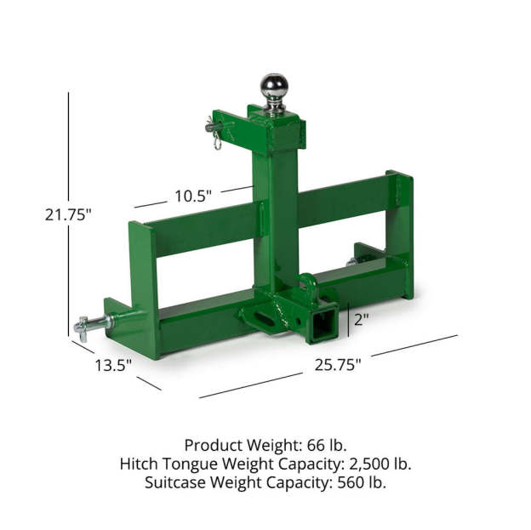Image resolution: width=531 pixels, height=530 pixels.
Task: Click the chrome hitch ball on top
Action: tap(274, 87)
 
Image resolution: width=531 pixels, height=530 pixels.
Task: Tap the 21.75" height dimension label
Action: tap(68, 214)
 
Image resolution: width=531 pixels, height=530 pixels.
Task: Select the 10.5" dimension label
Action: tap(193, 196)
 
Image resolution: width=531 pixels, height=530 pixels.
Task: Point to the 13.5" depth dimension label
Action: tap(113, 365)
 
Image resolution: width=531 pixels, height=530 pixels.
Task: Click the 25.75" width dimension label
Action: tap(338, 365)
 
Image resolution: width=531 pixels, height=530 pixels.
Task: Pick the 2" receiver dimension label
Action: tap(361, 319)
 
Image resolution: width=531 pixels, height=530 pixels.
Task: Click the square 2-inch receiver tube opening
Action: tap(322, 323)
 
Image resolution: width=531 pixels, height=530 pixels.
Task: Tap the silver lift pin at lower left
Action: tap(91, 325)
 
